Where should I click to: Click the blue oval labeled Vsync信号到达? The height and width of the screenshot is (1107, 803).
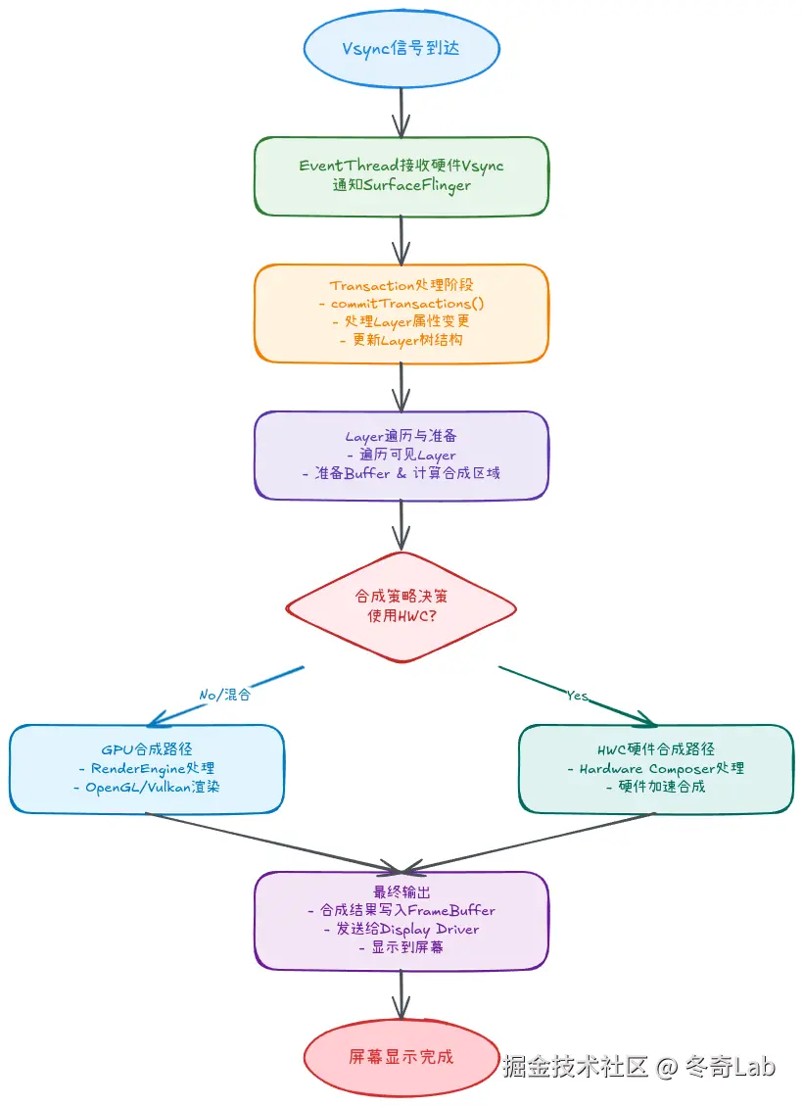401,50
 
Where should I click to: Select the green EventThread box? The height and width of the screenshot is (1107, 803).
401,175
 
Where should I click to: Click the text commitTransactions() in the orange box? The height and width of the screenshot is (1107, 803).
408,304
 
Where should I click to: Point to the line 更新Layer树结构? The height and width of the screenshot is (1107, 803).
401,340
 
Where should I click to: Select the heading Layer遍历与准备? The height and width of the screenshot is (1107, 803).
401,437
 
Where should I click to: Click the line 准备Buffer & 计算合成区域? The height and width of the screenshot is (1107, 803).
401,473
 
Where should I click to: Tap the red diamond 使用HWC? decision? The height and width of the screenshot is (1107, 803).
401,607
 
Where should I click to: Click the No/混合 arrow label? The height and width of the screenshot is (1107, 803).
225,695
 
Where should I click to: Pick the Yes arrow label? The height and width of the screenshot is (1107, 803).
578,695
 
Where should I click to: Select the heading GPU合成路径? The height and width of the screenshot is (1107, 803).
147,750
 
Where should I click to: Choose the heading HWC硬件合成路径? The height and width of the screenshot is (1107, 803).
655,750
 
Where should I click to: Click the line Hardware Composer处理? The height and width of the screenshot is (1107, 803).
655,769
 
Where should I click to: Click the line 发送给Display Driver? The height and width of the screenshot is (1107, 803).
401,929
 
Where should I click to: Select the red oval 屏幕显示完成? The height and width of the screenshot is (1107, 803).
401,1057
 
